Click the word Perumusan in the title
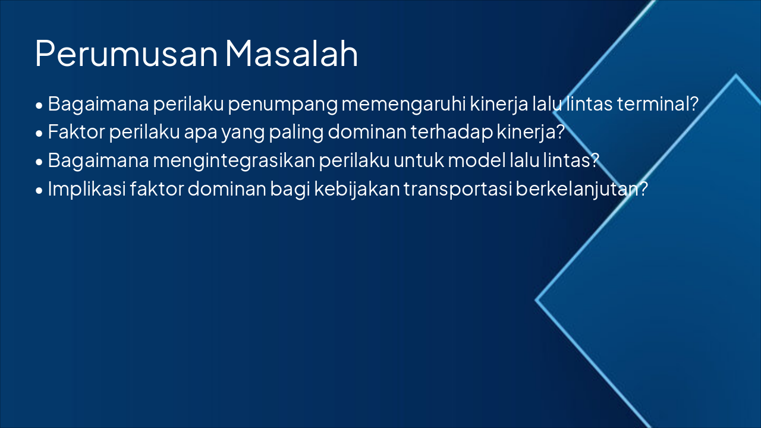click(x=127, y=53)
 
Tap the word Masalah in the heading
click(x=291, y=53)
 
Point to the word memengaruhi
click(x=404, y=104)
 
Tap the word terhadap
click(x=451, y=132)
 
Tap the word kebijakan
click(x=356, y=188)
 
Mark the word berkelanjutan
click(x=576, y=188)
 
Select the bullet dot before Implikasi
click(x=39, y=190)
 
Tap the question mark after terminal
click(x=693, y=104)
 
